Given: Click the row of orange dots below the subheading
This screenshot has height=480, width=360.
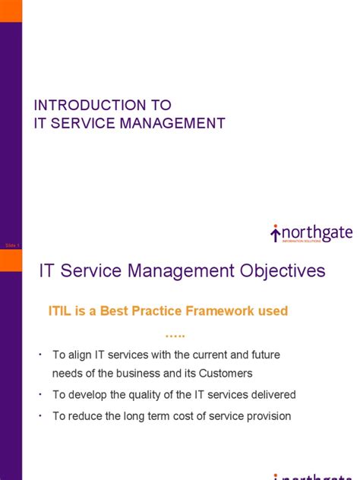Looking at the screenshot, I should click(x=175, y=335).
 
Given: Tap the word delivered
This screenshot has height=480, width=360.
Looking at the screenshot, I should click(x=270, y=395).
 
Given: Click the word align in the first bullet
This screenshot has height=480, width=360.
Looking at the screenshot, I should click(x=83, y=355).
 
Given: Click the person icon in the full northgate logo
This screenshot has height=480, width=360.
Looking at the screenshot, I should click(x=275, y=232).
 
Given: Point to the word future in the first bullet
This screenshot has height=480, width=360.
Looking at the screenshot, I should click(x=257, y=355).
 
